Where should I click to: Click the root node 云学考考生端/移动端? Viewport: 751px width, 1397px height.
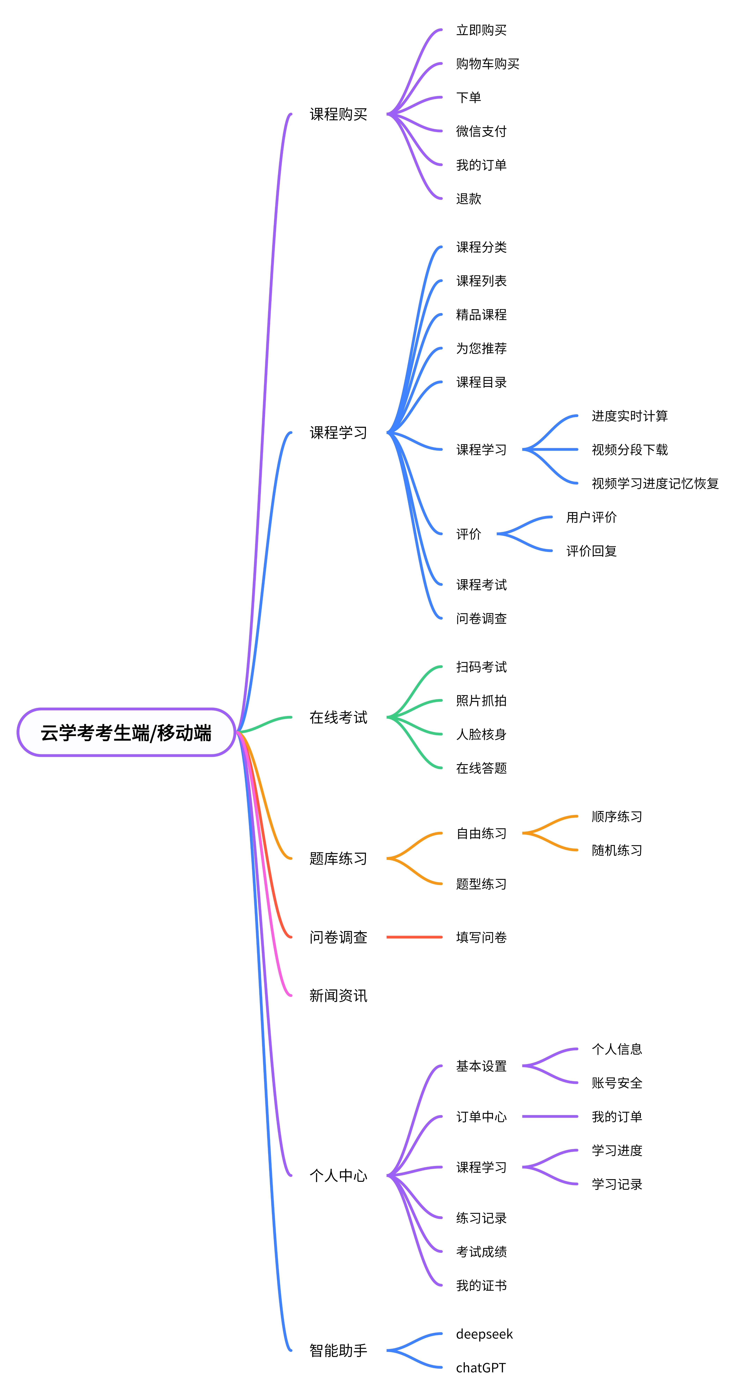[x=126, y=733]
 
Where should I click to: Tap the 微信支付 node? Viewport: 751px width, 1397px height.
[x=481, y=131]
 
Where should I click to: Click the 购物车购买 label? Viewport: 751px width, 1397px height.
[x=488, y=64]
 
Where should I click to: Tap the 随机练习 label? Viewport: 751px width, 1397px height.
[x=617, y=850]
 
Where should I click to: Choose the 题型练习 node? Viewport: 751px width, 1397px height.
[x=481, y=884]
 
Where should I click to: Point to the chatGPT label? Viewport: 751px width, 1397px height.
[x=480, y=1368]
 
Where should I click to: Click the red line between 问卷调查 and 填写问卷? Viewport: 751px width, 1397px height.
[x=414, y=937]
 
